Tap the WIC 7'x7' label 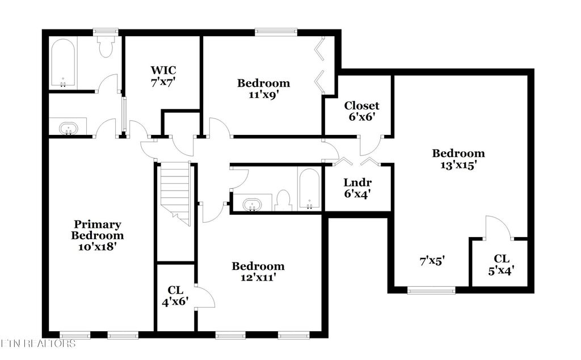click(163, 75)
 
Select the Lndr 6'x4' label click(357, 188)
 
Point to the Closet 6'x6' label click(361, 111)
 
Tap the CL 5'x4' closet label click(500, 264)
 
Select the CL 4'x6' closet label click(175, 296)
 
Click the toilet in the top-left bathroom click(106, 46)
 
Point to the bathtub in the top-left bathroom click(64, 63)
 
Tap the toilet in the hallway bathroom click(283, 200)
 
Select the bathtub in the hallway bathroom click(310, 188)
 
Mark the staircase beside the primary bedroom click(175, 192)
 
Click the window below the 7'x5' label click(431, 291)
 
